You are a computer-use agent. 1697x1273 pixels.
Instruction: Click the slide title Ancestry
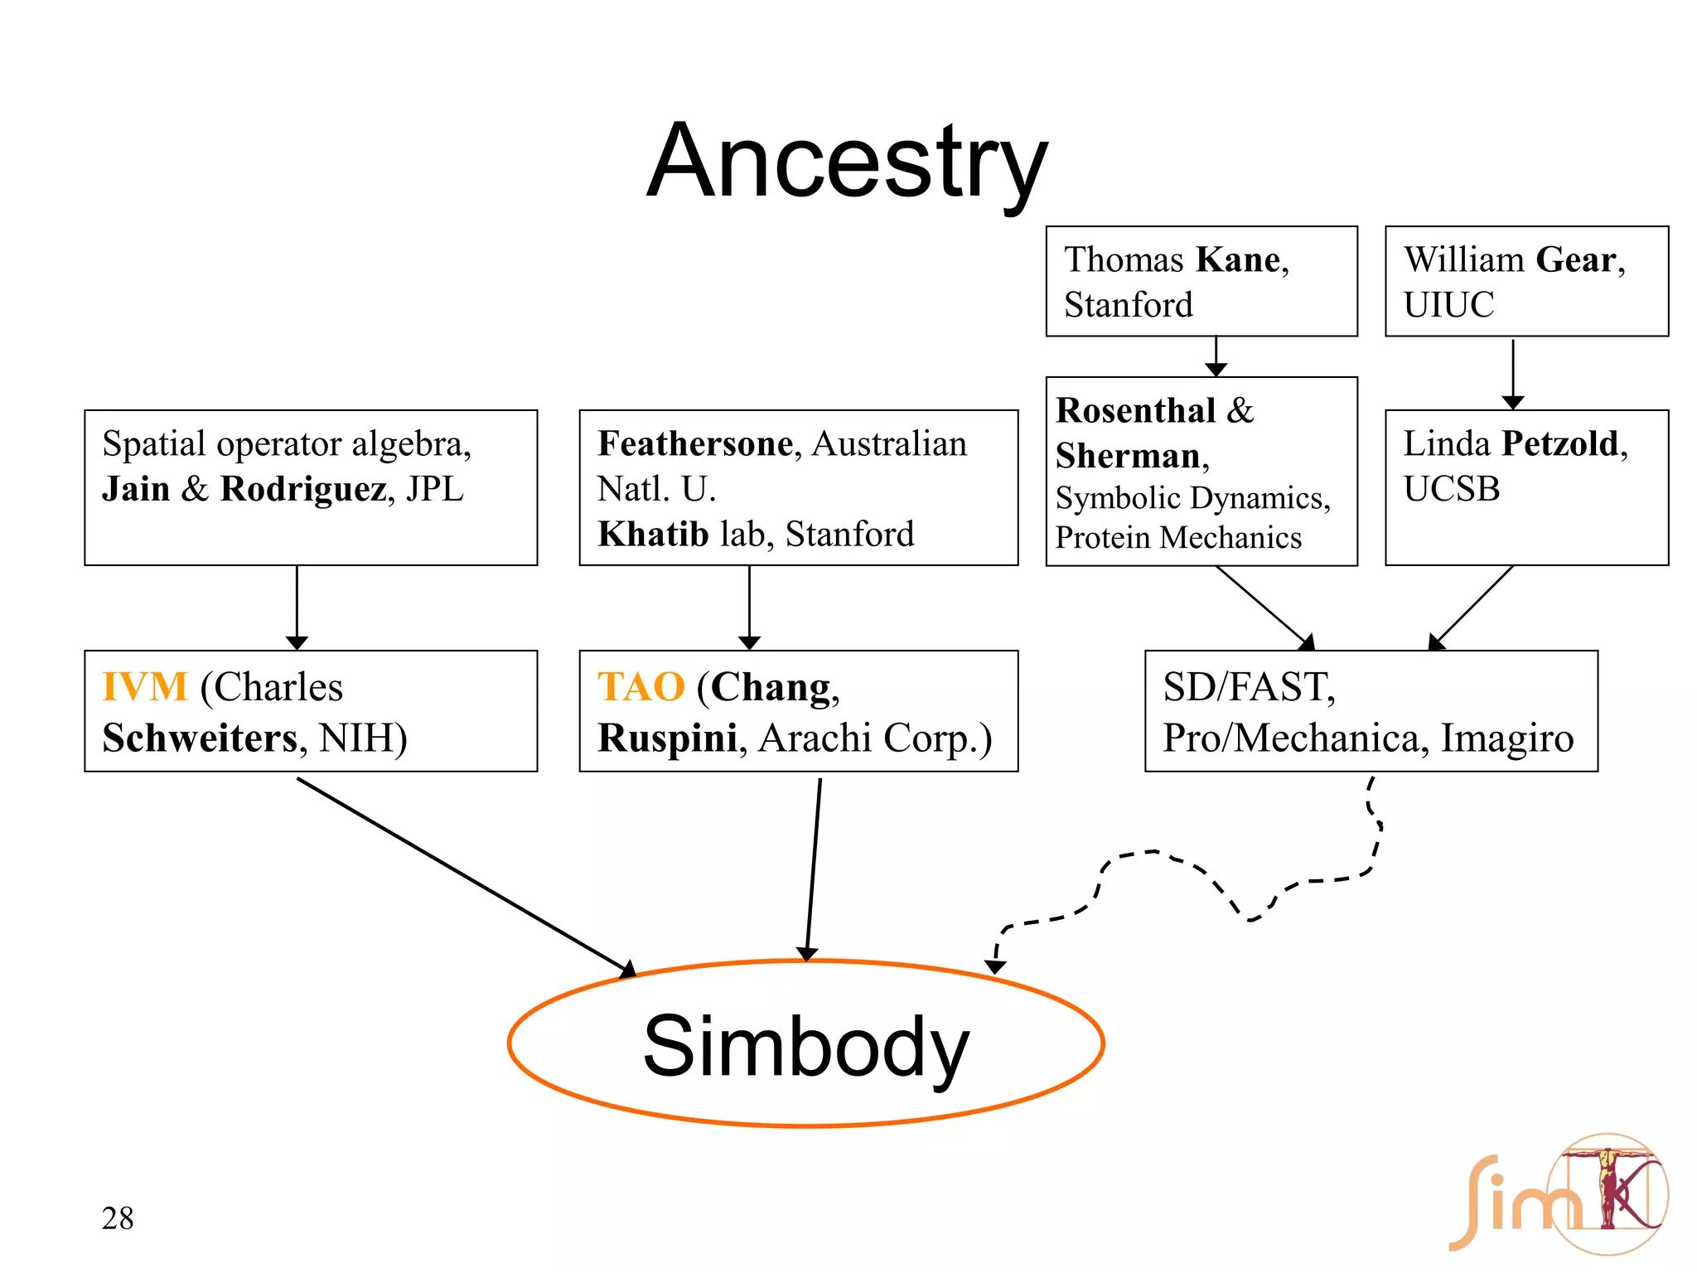(847, 162)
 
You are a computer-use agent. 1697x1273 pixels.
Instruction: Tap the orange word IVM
(145, 687)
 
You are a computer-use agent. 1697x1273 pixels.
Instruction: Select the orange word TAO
(641, 687)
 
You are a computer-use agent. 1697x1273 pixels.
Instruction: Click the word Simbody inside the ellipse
(805, 1047)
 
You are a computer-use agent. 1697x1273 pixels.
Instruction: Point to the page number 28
(118, 1218)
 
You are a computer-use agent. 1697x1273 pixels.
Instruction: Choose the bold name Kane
(1238, 260)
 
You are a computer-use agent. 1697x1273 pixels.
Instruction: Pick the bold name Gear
(1575, 260)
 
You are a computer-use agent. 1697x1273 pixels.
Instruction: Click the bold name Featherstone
(695, 444)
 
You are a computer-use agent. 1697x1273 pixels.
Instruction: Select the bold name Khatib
(653, 535)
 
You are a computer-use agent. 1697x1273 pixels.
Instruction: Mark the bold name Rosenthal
(1135, 411)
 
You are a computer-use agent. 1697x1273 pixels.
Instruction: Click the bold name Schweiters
(200, 738)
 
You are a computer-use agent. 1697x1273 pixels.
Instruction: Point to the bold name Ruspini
(667, 738)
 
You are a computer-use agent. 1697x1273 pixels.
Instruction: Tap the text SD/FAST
(1248, 687)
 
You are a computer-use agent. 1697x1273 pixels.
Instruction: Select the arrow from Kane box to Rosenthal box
(1216, 356)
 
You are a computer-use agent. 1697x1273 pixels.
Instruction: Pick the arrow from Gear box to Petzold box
(1512, 373)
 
